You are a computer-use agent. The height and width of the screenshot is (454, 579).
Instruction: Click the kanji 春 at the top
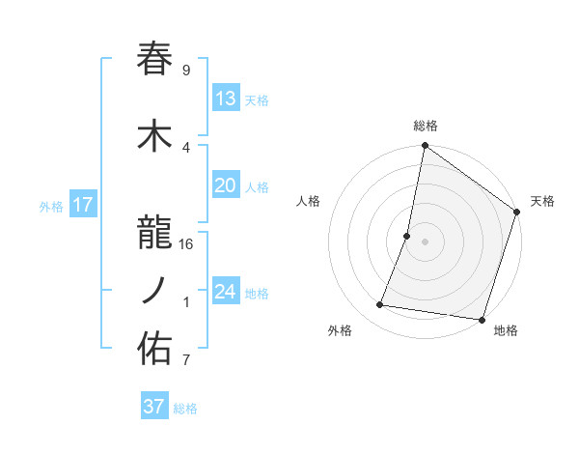pos(155,59)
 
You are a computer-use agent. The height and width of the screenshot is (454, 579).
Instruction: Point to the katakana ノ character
pos(155,290)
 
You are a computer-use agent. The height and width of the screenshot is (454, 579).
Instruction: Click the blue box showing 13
pos(225,99)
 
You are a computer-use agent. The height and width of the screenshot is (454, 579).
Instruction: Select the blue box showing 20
pos(225,185)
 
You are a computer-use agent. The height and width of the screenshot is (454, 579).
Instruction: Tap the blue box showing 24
pos(225,292)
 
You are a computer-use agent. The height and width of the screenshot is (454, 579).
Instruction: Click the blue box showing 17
pos(82,205)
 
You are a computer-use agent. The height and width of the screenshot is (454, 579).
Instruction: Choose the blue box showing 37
pos(154,407)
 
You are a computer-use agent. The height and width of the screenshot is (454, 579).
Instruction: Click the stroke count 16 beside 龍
pos(186,243)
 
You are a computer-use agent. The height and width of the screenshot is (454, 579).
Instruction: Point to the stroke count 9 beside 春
pos(186,71)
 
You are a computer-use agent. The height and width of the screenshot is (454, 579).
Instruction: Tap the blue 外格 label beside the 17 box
pos(50,206)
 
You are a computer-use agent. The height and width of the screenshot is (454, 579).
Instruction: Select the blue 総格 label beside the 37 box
pos(185,409)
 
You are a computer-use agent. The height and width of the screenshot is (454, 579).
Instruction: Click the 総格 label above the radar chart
pos(426,126)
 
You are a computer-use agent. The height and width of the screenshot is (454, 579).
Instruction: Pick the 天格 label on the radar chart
pos(542,201)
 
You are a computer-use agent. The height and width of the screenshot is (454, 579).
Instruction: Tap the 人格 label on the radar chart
pos(309,201)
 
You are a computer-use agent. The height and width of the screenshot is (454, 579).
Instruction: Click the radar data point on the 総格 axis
pos(425,146)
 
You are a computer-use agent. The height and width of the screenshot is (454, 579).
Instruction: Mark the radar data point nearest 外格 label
pos(380,305)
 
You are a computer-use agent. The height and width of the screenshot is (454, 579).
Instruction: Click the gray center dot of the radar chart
pos(425,241)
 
